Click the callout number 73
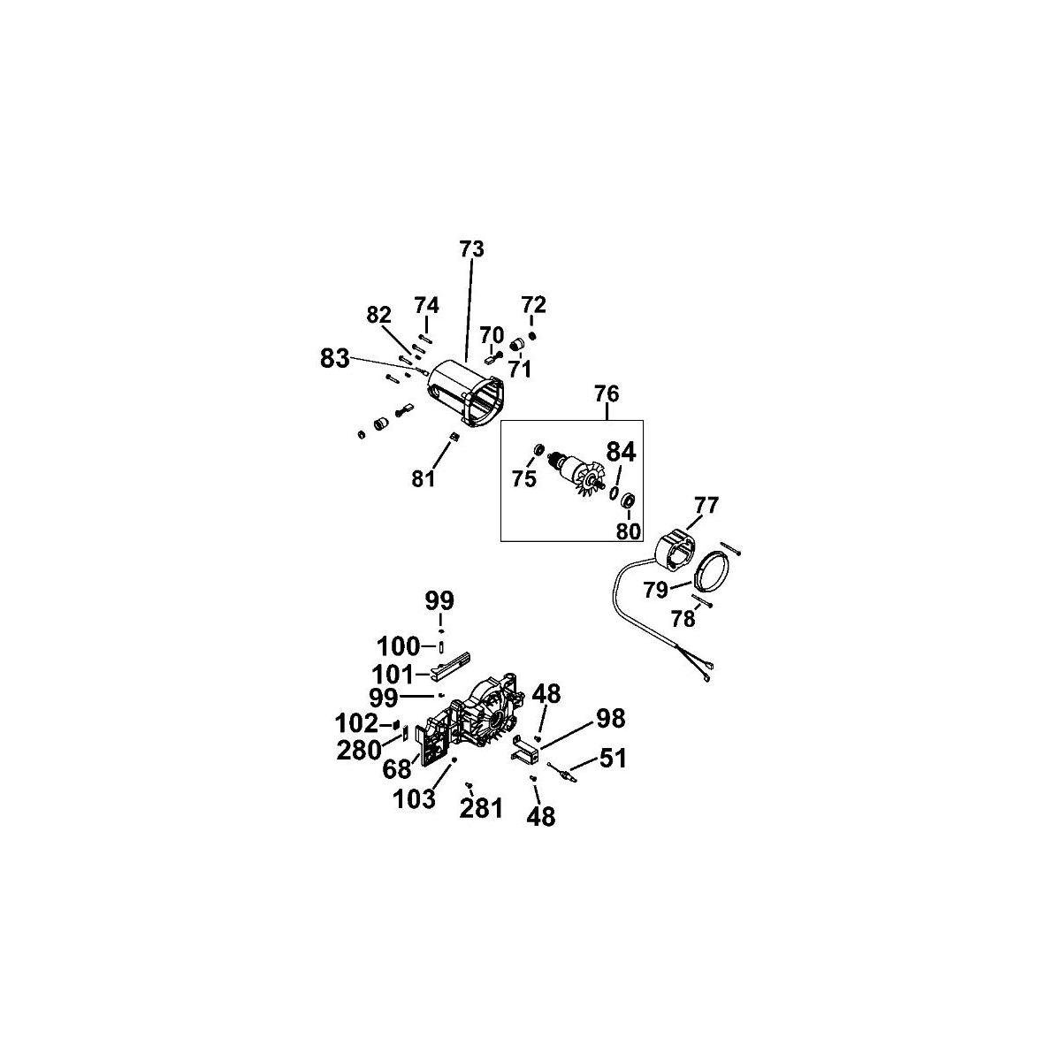472,249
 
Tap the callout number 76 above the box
607,394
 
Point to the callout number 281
481,809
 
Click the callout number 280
359,750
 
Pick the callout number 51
612,758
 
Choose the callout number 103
414,799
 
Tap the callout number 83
335,359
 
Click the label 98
611,719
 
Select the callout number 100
398,645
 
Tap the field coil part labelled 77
677,553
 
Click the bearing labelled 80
629,501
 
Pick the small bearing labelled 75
538,449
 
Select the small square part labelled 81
454,437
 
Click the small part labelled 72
532,335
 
